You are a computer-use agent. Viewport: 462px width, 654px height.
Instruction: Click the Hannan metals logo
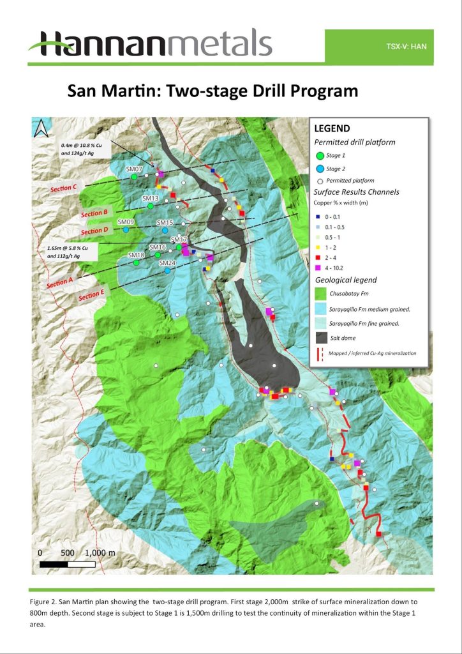[150, 45]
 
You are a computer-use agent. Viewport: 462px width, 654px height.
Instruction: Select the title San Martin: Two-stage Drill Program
[212, 91]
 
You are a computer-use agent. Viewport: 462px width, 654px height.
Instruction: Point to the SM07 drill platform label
[133, 169]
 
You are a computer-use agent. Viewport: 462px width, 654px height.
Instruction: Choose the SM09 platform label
[126, 222]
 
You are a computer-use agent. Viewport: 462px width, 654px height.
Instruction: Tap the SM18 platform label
[137, 255]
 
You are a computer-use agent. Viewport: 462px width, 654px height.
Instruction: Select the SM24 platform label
[167, 263]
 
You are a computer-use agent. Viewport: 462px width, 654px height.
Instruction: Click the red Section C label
[65, 188]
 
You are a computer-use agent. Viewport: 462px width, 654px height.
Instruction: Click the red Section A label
[61, 282]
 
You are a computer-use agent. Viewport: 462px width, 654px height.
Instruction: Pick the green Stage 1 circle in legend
[320, 156]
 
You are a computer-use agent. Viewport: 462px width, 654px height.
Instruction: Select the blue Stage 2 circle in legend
[320, 169]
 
